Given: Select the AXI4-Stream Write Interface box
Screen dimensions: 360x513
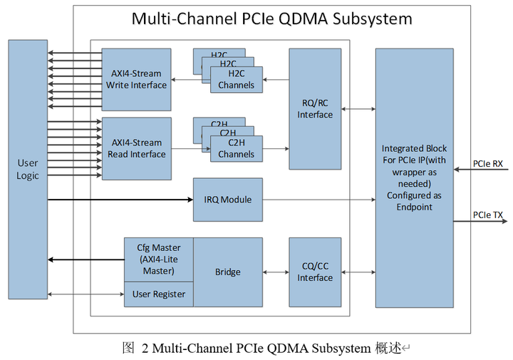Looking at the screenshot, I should (x=136, y=79).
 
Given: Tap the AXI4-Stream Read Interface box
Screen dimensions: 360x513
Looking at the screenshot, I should (x=136, y=148).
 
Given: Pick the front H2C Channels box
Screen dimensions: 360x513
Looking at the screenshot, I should (x=236, y=80).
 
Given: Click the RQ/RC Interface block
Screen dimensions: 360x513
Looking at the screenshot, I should (x=315, y=108).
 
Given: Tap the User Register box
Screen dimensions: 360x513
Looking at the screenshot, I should (x=158, y=294).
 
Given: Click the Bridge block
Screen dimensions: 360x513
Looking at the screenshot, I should (x=228, y=272).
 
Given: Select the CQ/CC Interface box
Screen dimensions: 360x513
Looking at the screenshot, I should (x=315, y=272).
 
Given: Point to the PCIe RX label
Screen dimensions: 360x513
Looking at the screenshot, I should (x=487, y=164).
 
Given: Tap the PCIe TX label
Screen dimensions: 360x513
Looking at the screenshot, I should (x=487, y=215).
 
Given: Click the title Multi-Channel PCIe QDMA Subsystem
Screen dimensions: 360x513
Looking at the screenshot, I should (x=271, y=19).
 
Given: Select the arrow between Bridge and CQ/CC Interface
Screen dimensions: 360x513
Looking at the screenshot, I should (x=276, y=272).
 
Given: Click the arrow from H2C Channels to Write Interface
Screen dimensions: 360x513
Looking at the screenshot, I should (x=191, y=80).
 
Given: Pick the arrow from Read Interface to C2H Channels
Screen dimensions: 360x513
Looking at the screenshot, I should (x=191, y=148).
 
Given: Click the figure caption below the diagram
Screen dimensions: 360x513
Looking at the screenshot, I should (x=263, y=349).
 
